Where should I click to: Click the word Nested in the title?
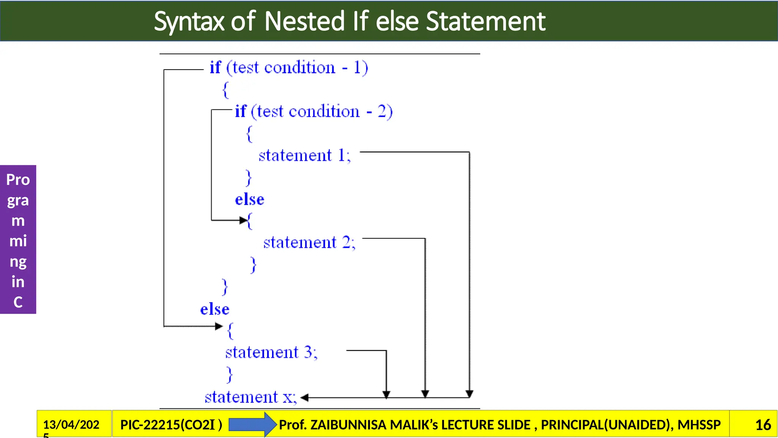click(x=304, y=21)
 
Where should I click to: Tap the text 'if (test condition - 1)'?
click(x=289, y=68)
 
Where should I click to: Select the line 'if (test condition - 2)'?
click(x=313, y=112)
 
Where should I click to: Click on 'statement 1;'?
click(x=304, y=156)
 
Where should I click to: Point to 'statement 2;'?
click(x=309, y=243)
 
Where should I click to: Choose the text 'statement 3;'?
click(x=271, y=352)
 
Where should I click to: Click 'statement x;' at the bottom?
click(x=250, y=397)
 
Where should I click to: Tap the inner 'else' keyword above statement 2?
click(x=250, y=200)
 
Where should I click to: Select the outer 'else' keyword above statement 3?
click(x=215, y=309)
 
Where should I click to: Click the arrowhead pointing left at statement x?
click(x=304, y=398)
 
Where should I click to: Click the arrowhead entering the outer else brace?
click(x=219, y=326)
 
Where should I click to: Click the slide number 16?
click(x=763, y=425)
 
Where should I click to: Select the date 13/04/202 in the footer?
click(x=71, y=424)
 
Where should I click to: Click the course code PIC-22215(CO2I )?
click(x=171, y=425)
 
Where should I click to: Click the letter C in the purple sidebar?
click(x=18, y=302)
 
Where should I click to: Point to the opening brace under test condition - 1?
click(x=226, y=90)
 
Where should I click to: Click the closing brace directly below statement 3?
click(x=229, y=375)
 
